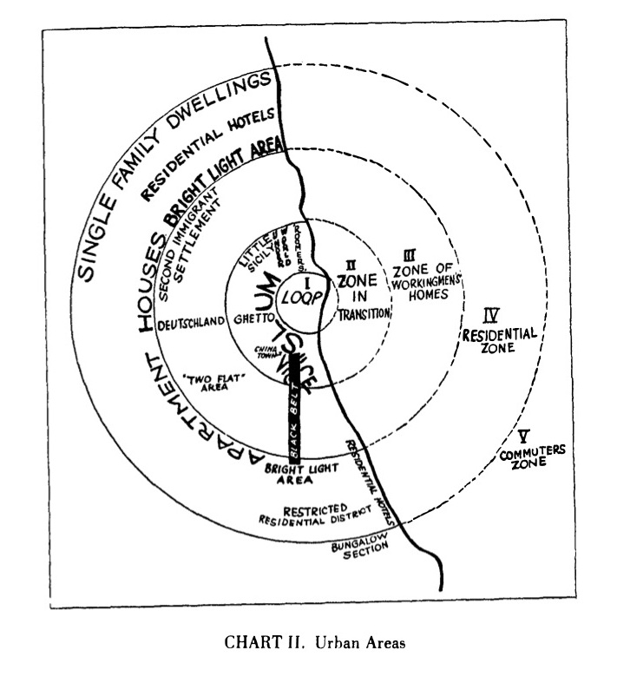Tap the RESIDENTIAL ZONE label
[x=500, y=339]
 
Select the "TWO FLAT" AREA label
[x=205, y=383]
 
